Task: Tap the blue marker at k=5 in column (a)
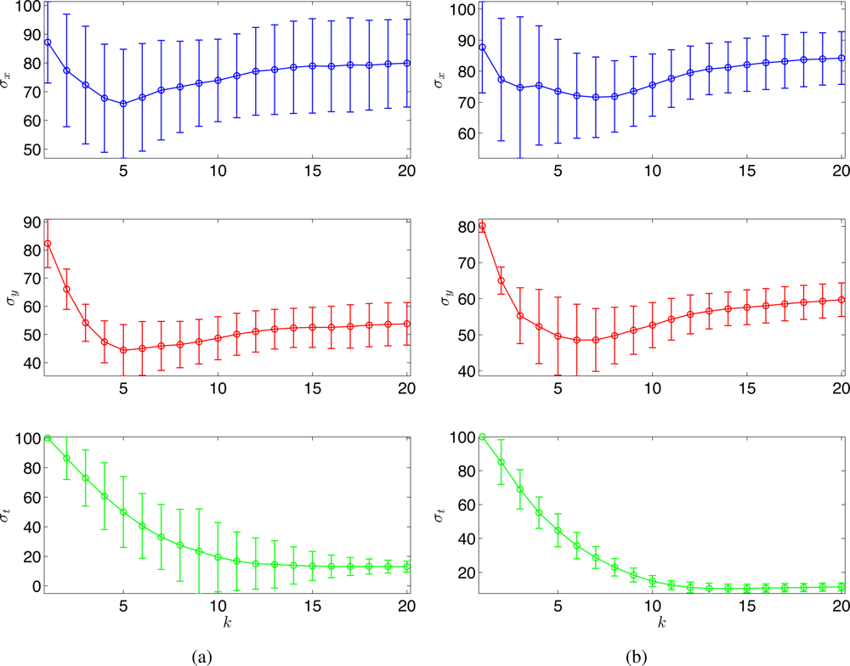coord(123,104)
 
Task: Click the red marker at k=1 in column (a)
coord(48,244)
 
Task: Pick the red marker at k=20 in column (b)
coord(841,299)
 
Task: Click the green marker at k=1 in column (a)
coord(48,438)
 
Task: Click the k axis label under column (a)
coord(227,623)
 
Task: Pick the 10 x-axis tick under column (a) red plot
coord(218,388)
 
